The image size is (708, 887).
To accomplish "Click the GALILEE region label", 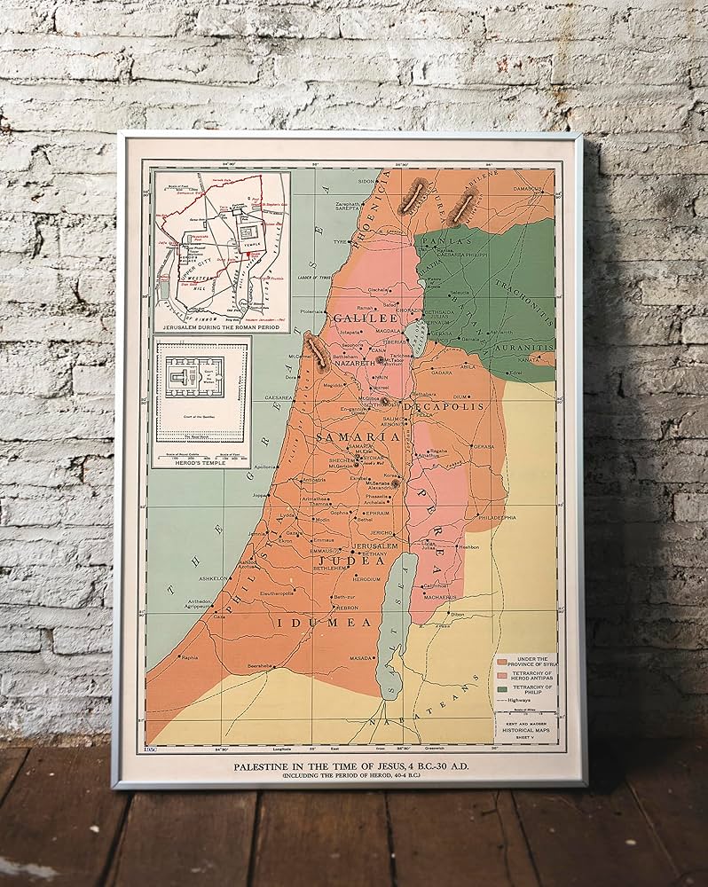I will tap(364, 318).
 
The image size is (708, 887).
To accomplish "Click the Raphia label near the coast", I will tap(190, 658).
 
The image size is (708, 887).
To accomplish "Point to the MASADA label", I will tap(362, 658).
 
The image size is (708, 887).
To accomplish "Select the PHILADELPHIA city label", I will tap(496, 516).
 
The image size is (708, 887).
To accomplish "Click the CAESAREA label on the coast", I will tap(280, 399).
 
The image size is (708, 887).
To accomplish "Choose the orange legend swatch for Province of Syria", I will tap(501, 659).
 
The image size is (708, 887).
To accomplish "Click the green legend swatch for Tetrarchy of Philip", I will tap(501, 687).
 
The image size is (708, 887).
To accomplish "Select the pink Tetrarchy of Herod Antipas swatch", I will tap(501, 673).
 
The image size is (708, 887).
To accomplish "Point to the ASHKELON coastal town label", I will tap(214, 577).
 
